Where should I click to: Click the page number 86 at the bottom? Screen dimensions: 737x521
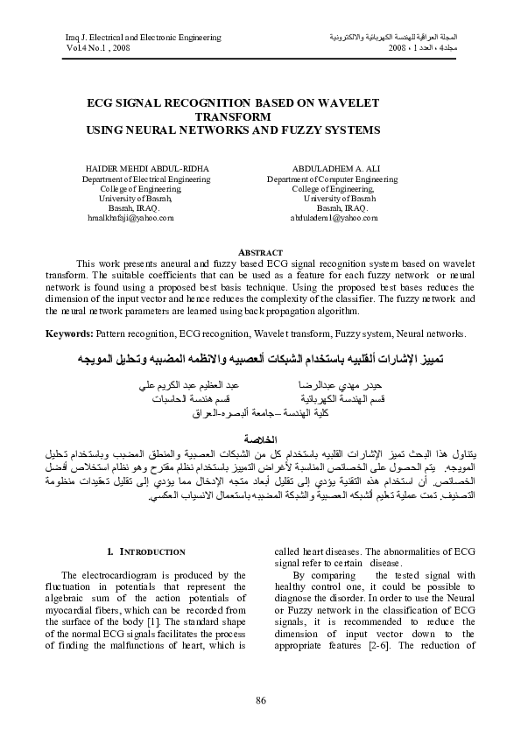click(x=260, y=698)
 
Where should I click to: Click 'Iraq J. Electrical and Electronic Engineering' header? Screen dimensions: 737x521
click(x=144, y=37)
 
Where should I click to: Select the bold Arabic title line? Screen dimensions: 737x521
click(x=260, y=359)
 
